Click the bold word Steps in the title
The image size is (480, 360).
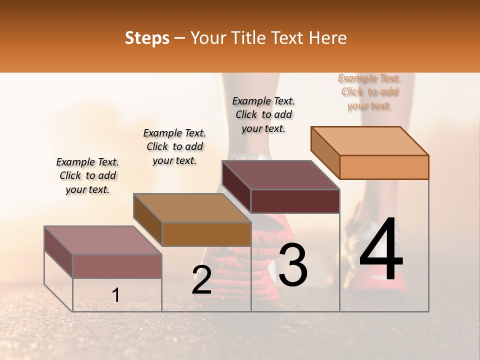[x=147, y=38]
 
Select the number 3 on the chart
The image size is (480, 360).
[x=293, y=264]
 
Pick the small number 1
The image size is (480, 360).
[x=115, y=295]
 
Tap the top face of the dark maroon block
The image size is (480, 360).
[x=281, y=175]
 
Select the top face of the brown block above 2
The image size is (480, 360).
[x=192, y=208]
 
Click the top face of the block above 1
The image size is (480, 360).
[x=103, y=240]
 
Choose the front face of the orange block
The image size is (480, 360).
[x=384, y=167]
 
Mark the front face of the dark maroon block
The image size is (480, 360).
[x=295, y=201]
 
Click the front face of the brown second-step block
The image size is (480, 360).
[x=206, y=234]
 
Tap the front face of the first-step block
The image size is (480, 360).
[x=117, y=266]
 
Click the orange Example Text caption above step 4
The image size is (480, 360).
[x=369, y=92]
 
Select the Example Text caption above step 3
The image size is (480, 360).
[x=263, y=114]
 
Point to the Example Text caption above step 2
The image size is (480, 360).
[x=174, y=146]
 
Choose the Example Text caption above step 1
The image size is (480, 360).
[x=87, y=175]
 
